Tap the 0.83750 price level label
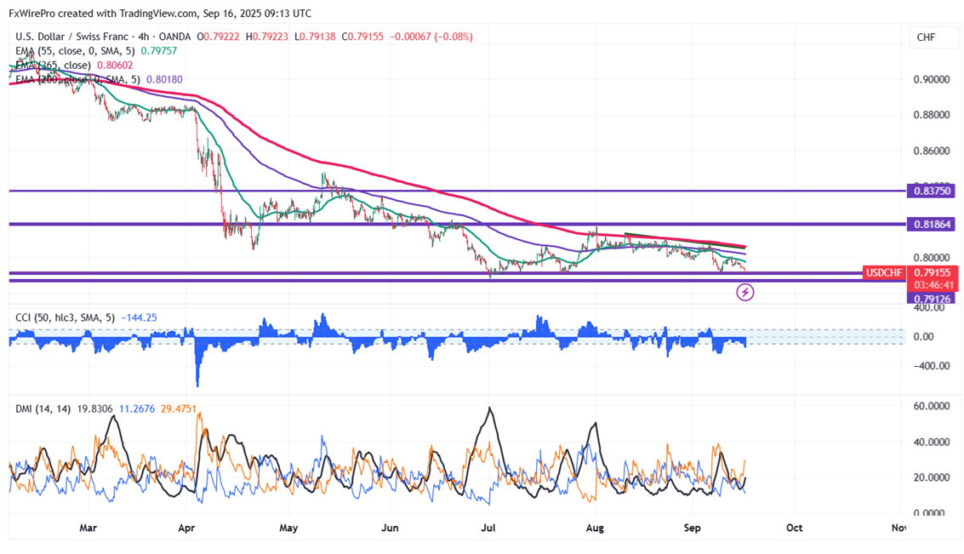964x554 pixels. [x=932, y=191]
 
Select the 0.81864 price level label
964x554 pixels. [x=932, y=225]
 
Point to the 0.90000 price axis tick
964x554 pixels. [x=931, y=79]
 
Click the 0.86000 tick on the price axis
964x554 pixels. [x=931, y=151]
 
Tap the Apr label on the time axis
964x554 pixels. [x=187, y=528]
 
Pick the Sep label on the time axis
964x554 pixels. [x=693, y=528]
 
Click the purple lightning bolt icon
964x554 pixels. [x=745, y=293]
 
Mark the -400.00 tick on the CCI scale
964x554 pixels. [x=930, y=367]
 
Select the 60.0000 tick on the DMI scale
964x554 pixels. [x=931, y=407]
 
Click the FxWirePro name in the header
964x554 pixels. [x=36, y=14]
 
